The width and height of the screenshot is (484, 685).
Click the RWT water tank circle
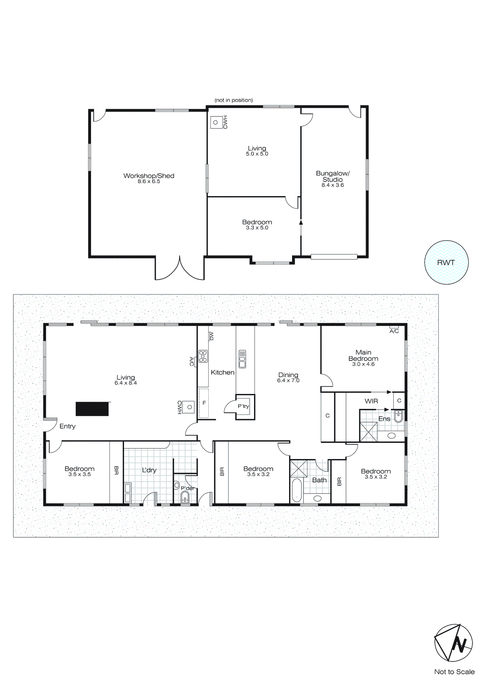point(446,262)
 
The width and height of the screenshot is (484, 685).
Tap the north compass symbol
point(454,643)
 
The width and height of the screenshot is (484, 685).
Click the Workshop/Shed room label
point(149,176)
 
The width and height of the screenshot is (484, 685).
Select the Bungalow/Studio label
point(333,176)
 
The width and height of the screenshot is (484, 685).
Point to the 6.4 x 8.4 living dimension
point(126,383)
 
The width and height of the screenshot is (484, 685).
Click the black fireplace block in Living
point(92,409)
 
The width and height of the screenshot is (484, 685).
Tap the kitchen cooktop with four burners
point(203,356)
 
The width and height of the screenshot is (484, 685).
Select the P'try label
point(243,406)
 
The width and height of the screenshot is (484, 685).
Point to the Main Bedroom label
point(363,355)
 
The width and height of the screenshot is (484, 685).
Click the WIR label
point(371,401)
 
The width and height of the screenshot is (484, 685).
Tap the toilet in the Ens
point(398,416)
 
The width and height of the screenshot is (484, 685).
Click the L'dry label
point(149,470)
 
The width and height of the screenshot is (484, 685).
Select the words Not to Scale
point(454,672)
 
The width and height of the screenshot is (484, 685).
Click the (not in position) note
point(233,100)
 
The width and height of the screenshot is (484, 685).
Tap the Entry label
point(68,426)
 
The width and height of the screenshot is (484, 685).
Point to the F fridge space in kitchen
point(204,403)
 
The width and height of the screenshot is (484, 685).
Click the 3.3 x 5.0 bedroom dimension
point(257,228)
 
